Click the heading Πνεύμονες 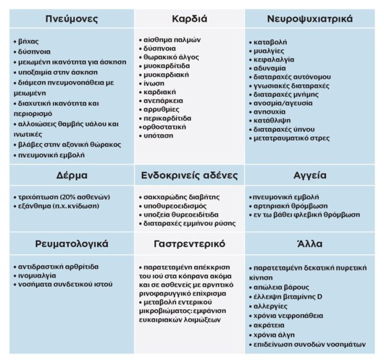(72, 19)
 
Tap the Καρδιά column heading (189, 19)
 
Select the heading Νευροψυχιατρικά (310, 19)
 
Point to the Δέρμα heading (72, 175)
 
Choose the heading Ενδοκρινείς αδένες (189, 175)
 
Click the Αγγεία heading (310, 175)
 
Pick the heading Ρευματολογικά (72, 244)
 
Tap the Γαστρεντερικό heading (189, 244)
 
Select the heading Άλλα (310, 244)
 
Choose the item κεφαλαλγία (274, 60)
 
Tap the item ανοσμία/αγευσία (283, 103)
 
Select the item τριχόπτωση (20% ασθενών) (62, 197)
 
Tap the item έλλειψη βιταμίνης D (288, 297)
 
